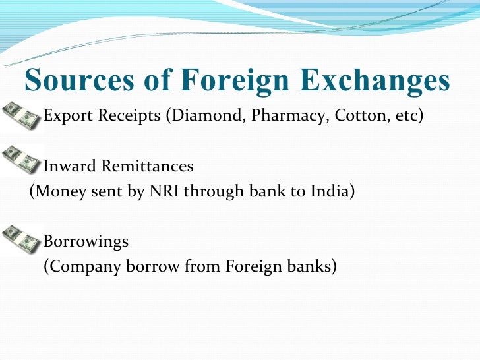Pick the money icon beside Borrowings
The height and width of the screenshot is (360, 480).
point(20,239)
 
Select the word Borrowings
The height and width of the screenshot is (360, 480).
point(86,242)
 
